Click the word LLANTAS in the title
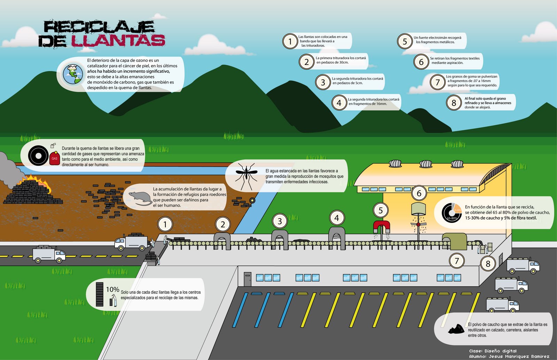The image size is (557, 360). pos(118,41)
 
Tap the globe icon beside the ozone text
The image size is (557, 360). pos(73,74)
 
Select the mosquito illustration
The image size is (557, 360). pos(246,176)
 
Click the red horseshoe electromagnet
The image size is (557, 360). pos(382,226)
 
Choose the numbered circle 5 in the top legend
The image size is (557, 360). pos(405,41)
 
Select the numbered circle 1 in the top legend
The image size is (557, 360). pos(290,41)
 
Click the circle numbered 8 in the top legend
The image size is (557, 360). pos(454,103)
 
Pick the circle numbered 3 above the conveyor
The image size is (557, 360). pos(280,221)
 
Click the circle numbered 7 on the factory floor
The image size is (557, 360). pos(457,261)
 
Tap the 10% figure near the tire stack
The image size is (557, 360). pos(112,289)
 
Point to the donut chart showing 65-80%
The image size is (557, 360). pos(452,212)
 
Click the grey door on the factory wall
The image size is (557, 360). pos(247,279)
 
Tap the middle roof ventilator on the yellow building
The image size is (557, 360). pos(426,164)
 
